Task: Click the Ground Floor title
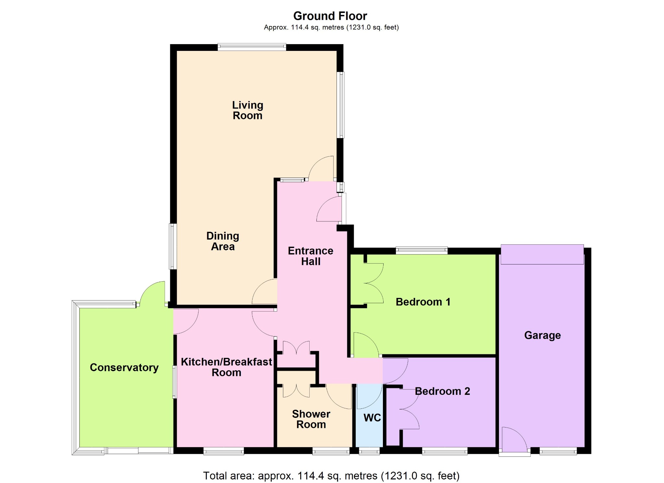tap(330, 16)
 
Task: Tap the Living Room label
tap(248, 110)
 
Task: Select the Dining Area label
tap(223, 241)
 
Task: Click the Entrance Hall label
tap(311, 256)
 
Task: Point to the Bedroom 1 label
tap(423, 302)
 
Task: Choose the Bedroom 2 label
tap(443, 391)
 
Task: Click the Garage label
tap(542, 336)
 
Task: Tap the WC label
tap(372, 418)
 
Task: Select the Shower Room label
tap(311, 419)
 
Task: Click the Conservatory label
tap(124, 368)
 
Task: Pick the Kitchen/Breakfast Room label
tap(226, 367)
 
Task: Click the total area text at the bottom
tap(331, 476)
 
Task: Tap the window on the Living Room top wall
tap(252, 47)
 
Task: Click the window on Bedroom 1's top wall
tap(421, 251)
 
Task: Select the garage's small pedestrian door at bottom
tap(515, 442)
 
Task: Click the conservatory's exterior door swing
tap(152, 293)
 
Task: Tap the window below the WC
tap(369, 451)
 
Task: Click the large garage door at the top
tap(542, 254)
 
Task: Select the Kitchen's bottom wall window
tap(224, 451)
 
